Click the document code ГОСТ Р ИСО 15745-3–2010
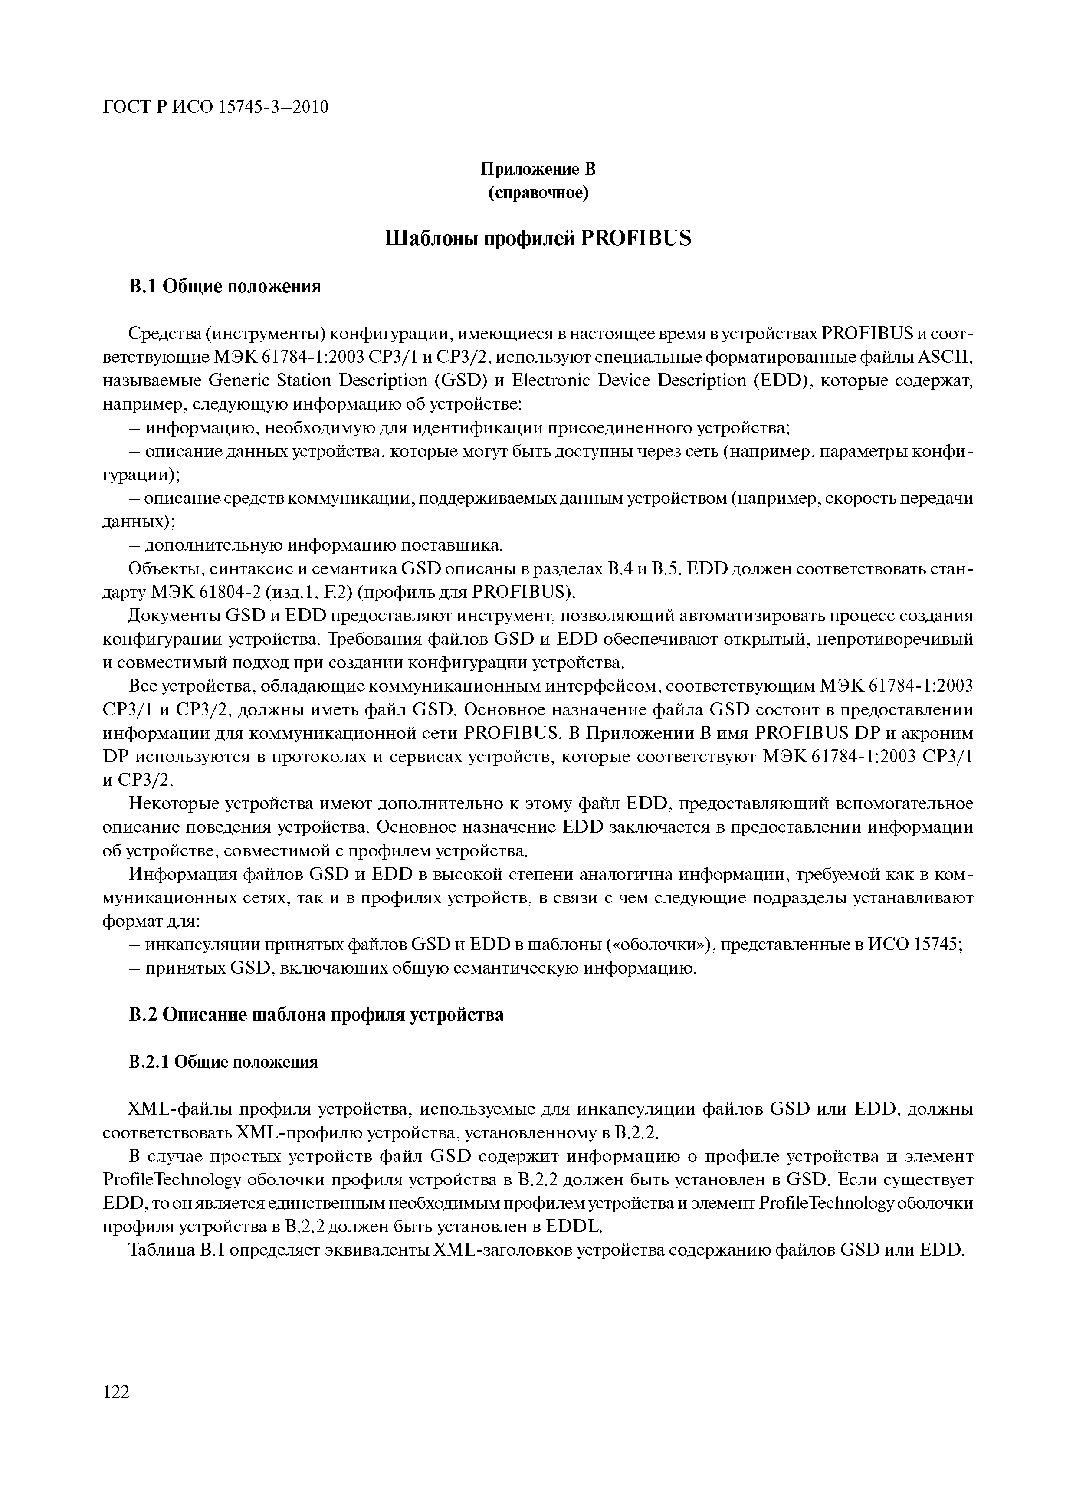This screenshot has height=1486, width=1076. click(216, 106)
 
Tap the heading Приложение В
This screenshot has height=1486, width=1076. click(538, 170)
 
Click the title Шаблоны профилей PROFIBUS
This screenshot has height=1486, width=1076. click(538, 239)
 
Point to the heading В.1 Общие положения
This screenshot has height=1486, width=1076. click(225, 286)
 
